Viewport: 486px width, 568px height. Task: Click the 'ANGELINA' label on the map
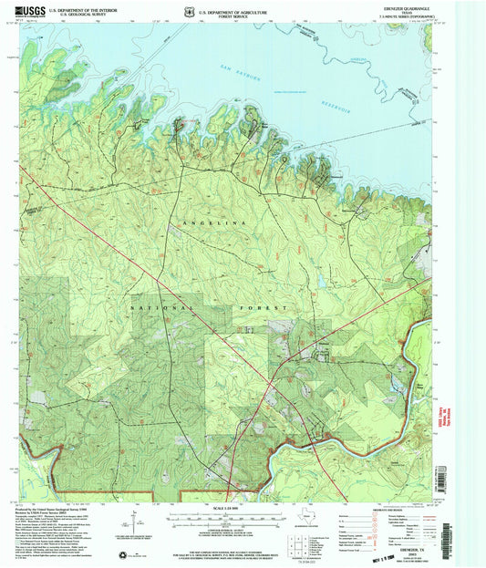pos(211,222)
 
